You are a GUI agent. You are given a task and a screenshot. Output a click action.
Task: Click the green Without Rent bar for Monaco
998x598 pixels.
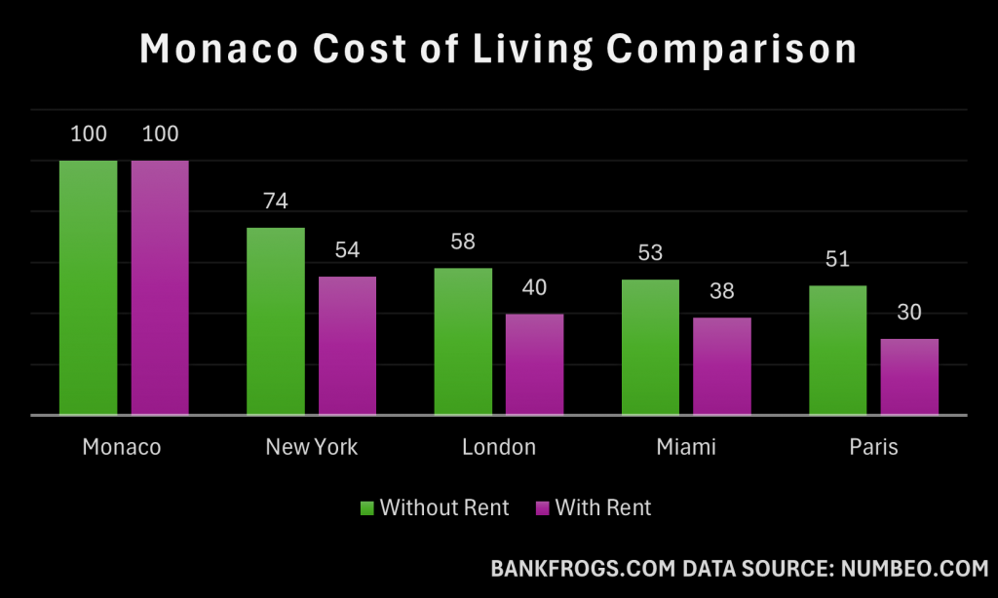88,287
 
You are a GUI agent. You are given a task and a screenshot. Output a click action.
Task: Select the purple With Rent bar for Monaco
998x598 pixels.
160,287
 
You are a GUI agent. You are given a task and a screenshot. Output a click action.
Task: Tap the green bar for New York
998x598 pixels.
276,321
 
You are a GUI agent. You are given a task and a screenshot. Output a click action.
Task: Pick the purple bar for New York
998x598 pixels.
347,346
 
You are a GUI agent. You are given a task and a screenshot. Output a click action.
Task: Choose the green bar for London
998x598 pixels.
463,341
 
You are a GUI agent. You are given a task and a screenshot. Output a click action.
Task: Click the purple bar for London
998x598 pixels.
534,364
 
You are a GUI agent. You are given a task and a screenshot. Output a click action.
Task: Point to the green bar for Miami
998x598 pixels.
650,347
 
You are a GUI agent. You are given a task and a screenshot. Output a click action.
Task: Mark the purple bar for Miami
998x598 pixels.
721,366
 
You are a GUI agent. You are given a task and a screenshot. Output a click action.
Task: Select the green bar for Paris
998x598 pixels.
837,350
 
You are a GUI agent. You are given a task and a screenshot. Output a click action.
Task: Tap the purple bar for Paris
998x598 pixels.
909,377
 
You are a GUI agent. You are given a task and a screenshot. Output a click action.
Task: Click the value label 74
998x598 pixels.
276,202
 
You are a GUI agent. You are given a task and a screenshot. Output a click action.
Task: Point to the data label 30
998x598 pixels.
909,313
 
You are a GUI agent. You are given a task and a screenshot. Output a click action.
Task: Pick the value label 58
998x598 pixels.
463,241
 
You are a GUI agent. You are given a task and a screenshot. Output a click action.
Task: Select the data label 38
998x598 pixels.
721,290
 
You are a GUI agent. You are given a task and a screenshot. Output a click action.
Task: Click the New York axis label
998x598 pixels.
312,447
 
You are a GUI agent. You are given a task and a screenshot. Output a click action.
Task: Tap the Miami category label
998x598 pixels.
685,447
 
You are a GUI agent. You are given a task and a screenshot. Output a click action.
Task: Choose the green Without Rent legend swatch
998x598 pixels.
367,507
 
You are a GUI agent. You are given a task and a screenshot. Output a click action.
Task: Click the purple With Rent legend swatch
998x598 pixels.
543,507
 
